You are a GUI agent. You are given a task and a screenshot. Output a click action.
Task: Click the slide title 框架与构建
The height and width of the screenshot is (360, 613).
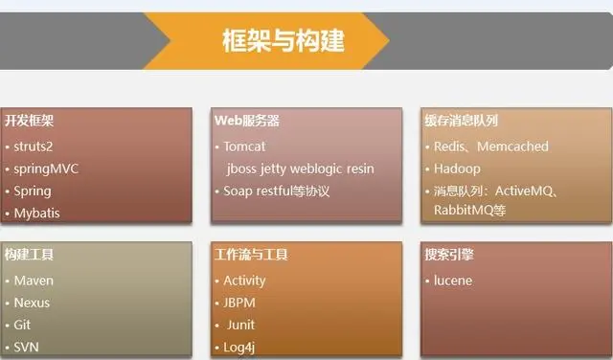point(283,40)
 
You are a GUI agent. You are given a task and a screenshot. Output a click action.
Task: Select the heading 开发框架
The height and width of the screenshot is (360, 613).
point(30,122)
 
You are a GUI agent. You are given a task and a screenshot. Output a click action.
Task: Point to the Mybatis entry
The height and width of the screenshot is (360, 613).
point(36,213)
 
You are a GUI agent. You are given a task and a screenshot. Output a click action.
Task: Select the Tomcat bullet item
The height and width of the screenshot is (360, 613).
point(244,146)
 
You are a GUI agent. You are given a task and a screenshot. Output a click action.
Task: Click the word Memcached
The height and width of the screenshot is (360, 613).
point(515,146)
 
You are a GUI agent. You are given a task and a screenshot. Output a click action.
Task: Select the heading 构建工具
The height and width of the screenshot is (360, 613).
point(30,256)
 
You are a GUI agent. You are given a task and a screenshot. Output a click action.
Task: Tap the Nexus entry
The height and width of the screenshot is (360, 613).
point(33,303)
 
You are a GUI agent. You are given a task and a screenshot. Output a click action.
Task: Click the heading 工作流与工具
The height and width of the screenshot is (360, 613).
point(252,256)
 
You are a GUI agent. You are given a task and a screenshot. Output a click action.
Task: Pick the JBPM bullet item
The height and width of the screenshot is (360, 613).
point(239,303)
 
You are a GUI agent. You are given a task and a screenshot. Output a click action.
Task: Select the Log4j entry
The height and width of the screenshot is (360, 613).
point(238,347)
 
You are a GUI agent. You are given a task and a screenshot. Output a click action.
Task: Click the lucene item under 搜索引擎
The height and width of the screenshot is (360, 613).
point(453,281)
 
